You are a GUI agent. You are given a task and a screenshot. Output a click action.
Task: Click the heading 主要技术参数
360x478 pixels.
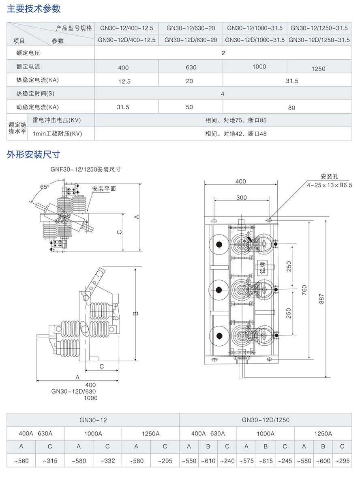point(34,9)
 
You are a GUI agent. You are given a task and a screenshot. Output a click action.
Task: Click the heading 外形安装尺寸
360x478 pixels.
point(34,155)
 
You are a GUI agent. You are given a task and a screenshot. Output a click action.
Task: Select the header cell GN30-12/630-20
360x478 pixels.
point(191,28)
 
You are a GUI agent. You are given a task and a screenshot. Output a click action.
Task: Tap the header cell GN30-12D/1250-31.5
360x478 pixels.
point(319,40)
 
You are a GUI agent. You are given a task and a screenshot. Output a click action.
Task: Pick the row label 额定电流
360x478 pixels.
point(28,67)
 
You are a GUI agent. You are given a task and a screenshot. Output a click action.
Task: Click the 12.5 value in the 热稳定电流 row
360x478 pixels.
point(124,82)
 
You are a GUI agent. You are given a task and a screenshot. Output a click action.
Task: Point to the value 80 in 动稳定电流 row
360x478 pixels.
point(291,108)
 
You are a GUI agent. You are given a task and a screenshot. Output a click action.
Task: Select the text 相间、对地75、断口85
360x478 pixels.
point(236,121)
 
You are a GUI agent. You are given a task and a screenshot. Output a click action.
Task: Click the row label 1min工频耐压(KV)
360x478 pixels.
point(57,133)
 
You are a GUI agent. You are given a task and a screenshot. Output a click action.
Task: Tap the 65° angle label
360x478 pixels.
point(45,187)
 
